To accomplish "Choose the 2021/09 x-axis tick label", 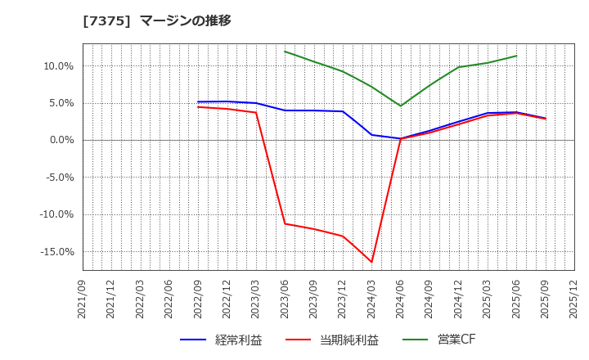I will point(83,302).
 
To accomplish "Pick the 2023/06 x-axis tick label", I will point(285,302).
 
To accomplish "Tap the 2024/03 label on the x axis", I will point(371,302).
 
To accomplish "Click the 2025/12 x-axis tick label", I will point(574,302).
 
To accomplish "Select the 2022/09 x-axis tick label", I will point(198,302).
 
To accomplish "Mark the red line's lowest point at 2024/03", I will point(371,262).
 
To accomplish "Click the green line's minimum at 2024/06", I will point(401,106).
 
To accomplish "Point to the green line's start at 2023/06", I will point(285,52).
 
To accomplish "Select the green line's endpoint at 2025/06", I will point(516,56).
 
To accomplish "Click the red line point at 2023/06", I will point(285,223).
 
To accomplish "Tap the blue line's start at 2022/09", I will point(198,102).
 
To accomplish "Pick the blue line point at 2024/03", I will point(371,135).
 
